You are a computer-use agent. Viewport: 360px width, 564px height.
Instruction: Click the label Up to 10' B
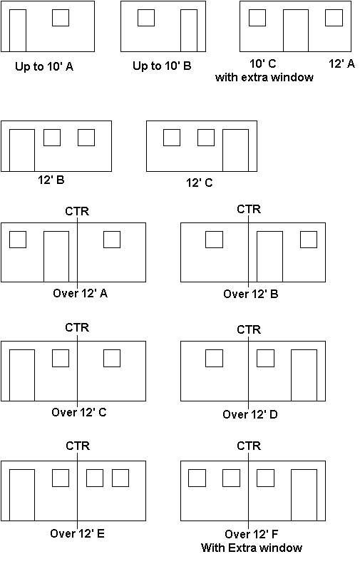(x=162, y=66)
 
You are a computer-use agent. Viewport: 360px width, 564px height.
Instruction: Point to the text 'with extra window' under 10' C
(x=264, y=77)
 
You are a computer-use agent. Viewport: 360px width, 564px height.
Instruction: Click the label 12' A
(x=341, y=63)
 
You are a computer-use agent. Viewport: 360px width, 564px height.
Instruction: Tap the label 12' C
(x=199, y=183)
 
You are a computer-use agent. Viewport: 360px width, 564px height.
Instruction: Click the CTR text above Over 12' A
(x=77, y=211)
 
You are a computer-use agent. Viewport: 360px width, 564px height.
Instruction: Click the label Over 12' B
(x=251, y=294)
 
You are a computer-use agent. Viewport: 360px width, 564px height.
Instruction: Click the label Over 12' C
(x=78, y=412)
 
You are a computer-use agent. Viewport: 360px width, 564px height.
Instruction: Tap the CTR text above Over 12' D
(x=249, y=329)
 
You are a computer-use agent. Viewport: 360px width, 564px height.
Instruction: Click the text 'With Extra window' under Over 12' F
(x=252, y=548)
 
